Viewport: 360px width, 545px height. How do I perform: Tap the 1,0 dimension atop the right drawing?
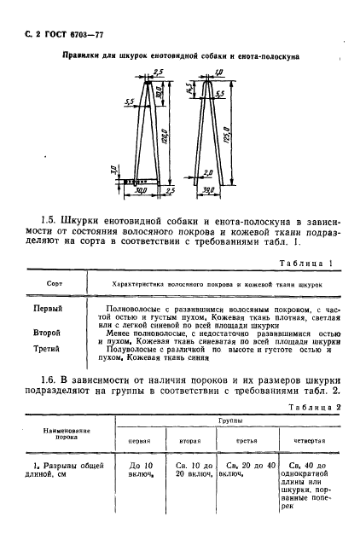pyautogui.click(x=219, y=72)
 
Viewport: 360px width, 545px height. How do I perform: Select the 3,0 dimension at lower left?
pyautogui.click(x=114, y=173)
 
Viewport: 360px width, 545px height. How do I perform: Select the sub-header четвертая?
pyautogui.click(x=309, y=441)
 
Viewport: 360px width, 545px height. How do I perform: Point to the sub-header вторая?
pyautogui.click(x=189, y=441)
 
